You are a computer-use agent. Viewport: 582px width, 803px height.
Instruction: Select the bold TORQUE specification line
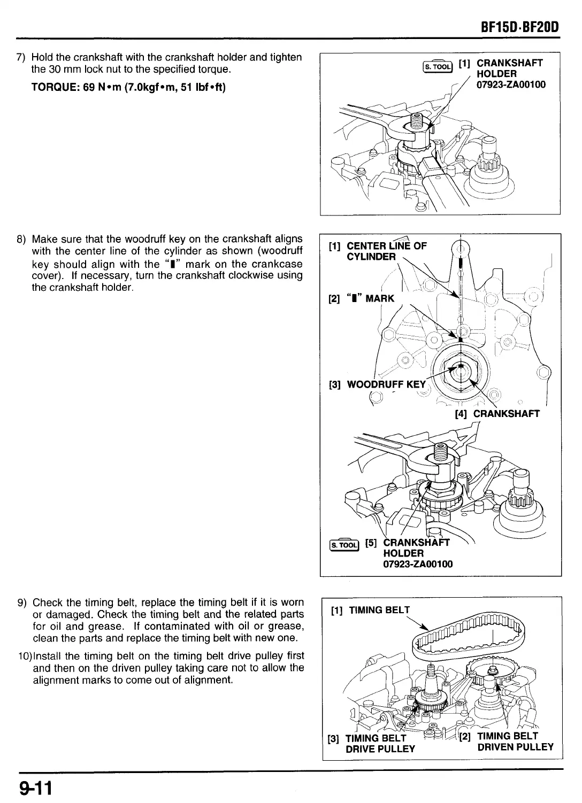(128, 87)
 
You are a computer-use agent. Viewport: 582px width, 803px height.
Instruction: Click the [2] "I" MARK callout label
(362, 298)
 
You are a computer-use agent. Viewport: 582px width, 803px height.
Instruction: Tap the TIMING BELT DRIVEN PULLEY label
(515, 742)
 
